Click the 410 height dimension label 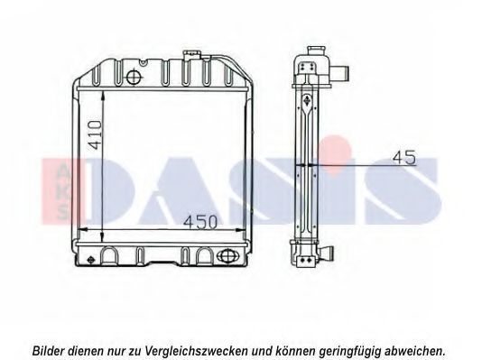pyautogui.click(x=96, y=134)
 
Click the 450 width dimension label pyautogui.click(x=200, y=222)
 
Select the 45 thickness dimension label pyautogui.click(x=404, y=157)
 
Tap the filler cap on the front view pyautogui.click(x=191, y=54)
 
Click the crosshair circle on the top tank pyautogui.click(x=133, y=76)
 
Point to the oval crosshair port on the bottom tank pyautogui.click(x=227, y=255)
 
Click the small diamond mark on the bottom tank pyautogui.click(x=90, y=260)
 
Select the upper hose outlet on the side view pyautogui.click(x=340, y=73)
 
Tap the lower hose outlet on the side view pyautogui.click(x=327, y=253)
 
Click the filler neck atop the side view pyautogui.click(x=317, y=50)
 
